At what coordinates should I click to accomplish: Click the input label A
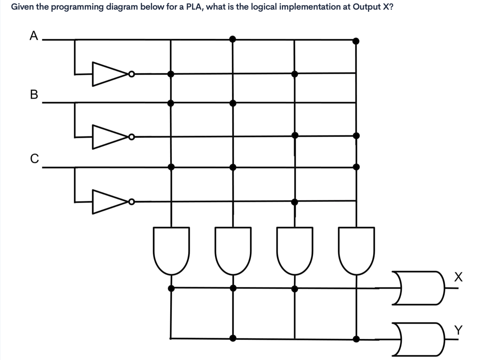pyautogui.click(x=34, y=35)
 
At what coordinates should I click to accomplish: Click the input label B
pyautogui.click(x=34, y=94)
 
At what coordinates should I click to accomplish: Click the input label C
pyautogui.click(x=34, y=158)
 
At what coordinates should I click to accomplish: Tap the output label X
pyautogui.click(x=458, y=277)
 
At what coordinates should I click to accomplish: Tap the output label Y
pyautogui.click(x=458, y=329)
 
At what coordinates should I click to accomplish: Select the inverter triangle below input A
pyautogui.click(x=109, y=74)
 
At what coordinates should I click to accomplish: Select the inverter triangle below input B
pyautogui.click(x=109, y=137)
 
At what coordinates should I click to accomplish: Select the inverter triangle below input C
pyautogui.click(x=109, y=202)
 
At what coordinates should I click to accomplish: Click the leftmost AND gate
pyautogui.click(x=171, y=249)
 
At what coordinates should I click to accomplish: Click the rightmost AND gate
pyautogui.click(x=357, y=249)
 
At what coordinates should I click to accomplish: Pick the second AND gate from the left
pyautogui.click(x=233, y=249)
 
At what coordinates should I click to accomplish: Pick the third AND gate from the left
pyautogui.click(x=295, y=249)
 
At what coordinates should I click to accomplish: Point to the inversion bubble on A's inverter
pyautogui.click(x=132, y=74)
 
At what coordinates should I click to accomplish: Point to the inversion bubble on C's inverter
pyautogui.click(x=132, y=202)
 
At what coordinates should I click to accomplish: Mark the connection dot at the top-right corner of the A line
pyautogui.click(x=356, y=41)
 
